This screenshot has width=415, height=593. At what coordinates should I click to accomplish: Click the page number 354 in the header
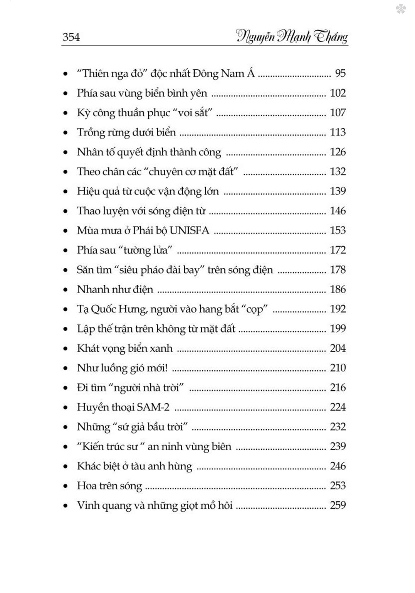click(x=71, y=37)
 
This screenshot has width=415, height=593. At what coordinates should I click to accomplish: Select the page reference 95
click(x=340, y=73)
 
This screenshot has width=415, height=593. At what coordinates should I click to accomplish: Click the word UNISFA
click(x=189, y=231)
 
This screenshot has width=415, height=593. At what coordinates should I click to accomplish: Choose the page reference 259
click(x=338, y=506)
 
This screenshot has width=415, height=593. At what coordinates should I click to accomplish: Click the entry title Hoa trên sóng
click(x=110, y=486)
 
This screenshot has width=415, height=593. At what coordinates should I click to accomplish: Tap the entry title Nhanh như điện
click(x=115, y=289)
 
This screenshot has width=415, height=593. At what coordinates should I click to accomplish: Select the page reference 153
click(x=338, y=231)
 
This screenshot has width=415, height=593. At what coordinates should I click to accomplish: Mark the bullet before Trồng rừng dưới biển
click(x=66, y=133)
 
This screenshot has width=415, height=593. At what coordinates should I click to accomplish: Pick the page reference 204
click(x=338, y=348)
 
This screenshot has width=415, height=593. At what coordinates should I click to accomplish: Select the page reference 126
click(x=338, y=152)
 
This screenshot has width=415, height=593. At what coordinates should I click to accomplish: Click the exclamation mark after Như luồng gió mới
click(x=166, y=368)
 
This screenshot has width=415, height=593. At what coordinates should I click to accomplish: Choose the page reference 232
click(x=338, y=427)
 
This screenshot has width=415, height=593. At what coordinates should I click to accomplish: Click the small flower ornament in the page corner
click(x=400, y=9)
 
